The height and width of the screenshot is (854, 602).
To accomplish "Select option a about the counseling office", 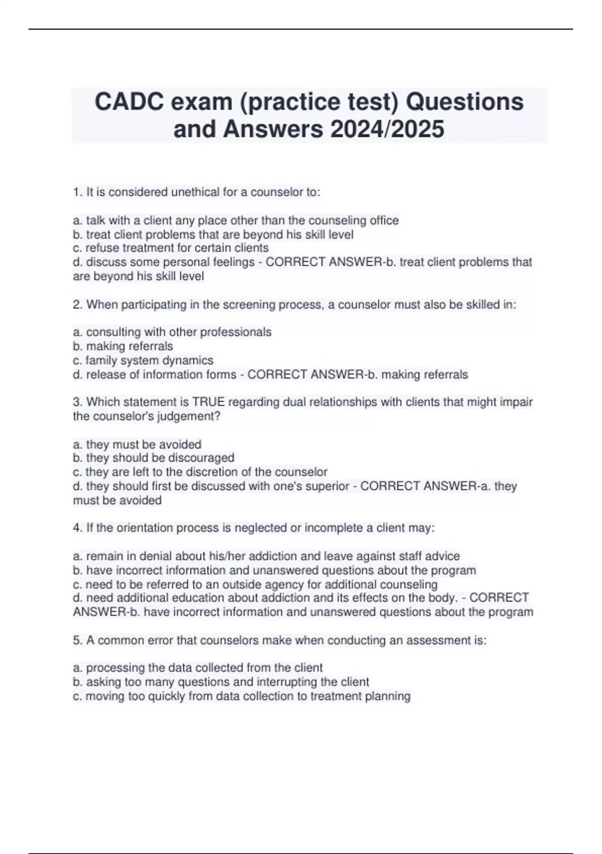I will pos(236,220).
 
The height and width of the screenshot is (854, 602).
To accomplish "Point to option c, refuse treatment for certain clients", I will pos(171,248).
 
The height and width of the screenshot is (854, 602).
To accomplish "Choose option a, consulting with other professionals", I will pos(172,332).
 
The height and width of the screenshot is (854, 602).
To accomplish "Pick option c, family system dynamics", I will pos(143,360).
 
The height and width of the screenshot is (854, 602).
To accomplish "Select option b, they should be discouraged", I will pos(154,458).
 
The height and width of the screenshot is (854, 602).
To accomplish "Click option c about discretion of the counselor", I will pos(200,472).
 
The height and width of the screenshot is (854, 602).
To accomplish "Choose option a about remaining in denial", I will pos(266,556).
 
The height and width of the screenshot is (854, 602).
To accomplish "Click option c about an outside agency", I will pos(255,584).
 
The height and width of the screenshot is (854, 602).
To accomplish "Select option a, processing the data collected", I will pos(198,668).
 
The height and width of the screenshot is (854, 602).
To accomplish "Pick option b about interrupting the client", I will pos(221,682).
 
